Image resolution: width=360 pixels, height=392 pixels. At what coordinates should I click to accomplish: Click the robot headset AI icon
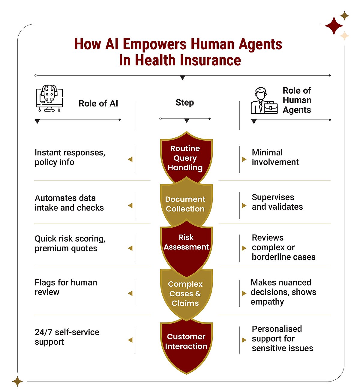click(49, 98)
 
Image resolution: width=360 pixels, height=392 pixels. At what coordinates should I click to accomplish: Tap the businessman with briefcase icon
click(264, 100)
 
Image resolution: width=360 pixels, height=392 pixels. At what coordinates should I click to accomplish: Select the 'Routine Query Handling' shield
click(186, 157)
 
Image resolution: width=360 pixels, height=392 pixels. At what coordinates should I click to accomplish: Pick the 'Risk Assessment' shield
click(186, 248)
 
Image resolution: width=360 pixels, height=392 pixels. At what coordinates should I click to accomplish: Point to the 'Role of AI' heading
click(98, 103)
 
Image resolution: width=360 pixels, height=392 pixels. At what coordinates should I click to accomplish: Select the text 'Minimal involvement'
click(275, 157)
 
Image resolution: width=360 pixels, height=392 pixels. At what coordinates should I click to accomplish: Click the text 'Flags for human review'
click(66, 287)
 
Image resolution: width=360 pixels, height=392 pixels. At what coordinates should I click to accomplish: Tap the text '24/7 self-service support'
click(67, 337)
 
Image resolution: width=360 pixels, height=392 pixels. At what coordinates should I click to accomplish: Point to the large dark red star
click(334, 26)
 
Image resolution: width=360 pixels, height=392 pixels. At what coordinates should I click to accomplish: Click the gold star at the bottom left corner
click(17, 381)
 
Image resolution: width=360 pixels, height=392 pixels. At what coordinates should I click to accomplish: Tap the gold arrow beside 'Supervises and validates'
click(244, 205)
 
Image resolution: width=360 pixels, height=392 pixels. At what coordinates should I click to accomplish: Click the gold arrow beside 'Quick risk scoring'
click(130, 248)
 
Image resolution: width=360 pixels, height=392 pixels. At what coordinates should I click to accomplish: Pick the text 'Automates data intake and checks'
click(69, 203)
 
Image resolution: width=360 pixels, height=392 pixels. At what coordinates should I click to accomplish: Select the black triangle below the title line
click(182, 78)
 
